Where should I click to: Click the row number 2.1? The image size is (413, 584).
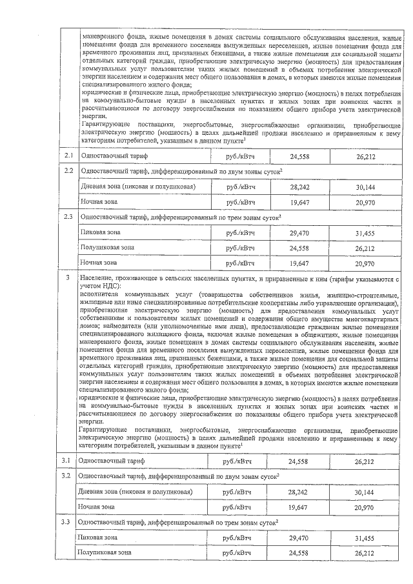68,157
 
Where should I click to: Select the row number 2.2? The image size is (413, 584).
68,170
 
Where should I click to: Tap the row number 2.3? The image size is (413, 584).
68,216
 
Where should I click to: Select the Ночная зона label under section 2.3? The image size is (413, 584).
98,263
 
